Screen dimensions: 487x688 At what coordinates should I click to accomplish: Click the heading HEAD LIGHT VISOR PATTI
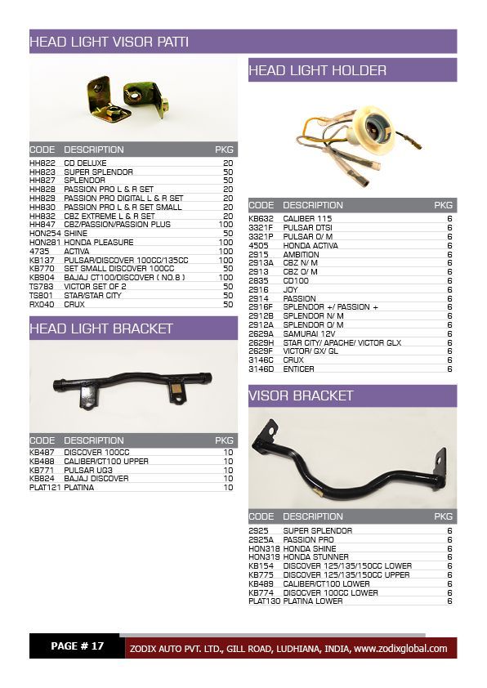pos(109,42)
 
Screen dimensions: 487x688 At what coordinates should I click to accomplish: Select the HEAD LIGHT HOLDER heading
pos(317,71)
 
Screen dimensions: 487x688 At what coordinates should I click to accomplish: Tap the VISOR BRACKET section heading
pos(301,395)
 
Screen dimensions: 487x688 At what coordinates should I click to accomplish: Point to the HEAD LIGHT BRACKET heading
pos(101,328)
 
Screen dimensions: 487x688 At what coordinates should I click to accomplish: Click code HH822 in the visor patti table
pos(42,163)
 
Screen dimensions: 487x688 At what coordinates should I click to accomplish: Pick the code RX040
pos(42,304)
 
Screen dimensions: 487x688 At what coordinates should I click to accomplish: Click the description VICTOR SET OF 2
pos(95,287)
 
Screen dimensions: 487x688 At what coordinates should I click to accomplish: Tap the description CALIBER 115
pos(307,219)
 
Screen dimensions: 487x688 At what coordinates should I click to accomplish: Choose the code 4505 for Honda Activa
pos(258,245)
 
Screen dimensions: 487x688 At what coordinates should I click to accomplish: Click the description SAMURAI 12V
pos(311,333)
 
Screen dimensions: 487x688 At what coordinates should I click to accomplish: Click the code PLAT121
pos(45,488)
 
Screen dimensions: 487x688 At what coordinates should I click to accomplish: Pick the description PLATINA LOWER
pos(313,601)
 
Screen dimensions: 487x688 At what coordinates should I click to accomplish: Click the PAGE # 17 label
pos(77,646)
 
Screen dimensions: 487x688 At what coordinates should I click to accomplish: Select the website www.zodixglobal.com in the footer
pos(400,649)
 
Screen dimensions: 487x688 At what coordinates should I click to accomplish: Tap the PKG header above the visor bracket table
pos(443,516)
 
